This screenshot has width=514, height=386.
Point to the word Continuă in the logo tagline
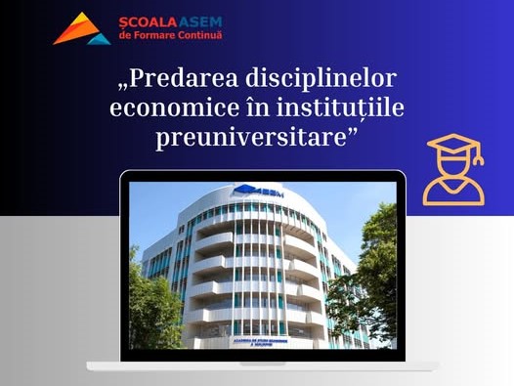[196, 35]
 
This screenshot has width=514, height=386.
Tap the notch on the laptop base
[262, 365]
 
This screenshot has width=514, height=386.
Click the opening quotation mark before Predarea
[122, 88]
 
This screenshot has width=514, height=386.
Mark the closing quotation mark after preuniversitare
[352, 130]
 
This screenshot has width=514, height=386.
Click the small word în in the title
[248, 109]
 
